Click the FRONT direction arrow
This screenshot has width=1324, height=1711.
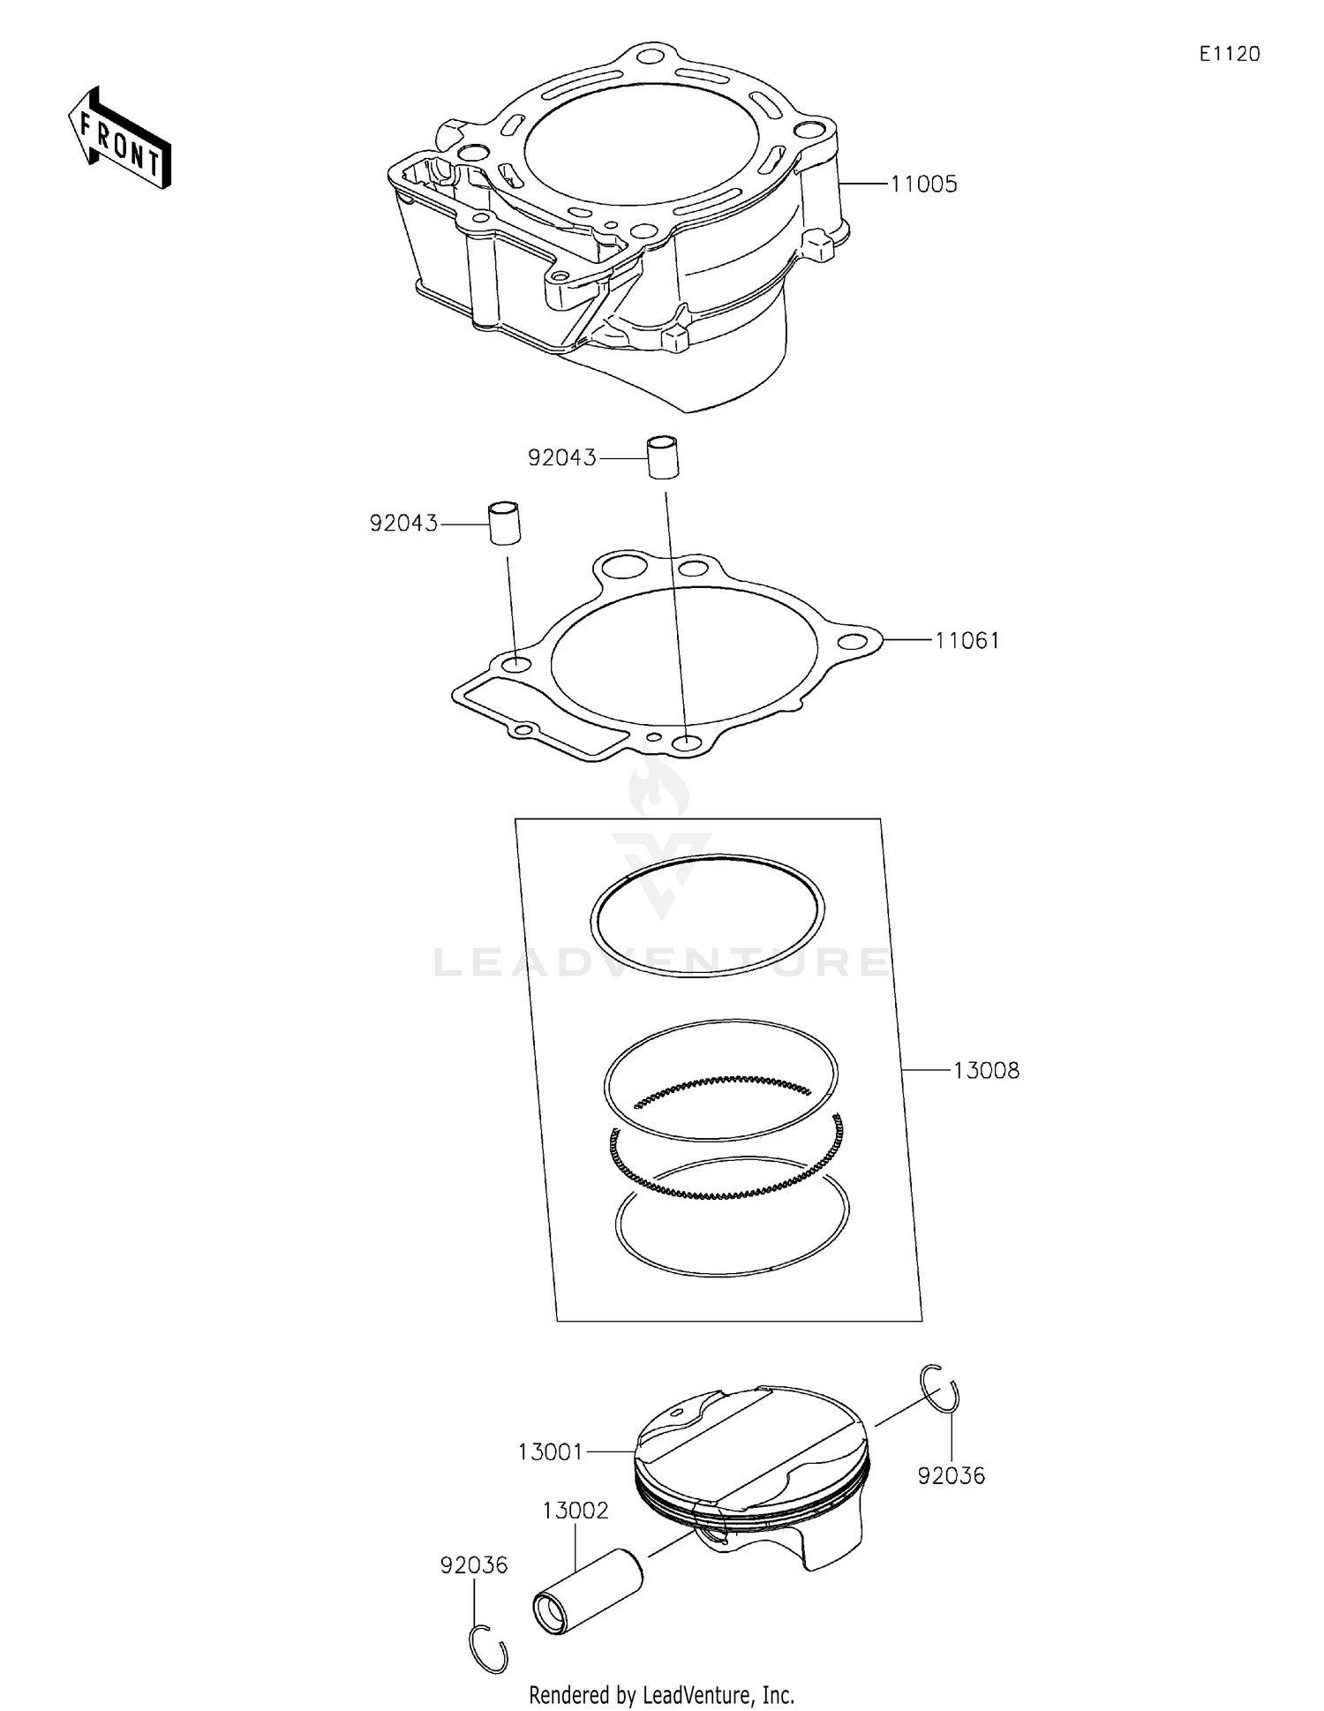click(119, 139)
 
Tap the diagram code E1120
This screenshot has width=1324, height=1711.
click(1229, 55)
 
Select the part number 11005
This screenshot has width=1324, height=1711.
click(923, 185)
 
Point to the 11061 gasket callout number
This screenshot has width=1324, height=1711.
click(967, 641)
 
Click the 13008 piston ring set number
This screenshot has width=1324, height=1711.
click(986, 1071)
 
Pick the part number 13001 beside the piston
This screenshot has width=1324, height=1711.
click(550, 1451)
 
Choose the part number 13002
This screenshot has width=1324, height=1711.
click(575, 1511)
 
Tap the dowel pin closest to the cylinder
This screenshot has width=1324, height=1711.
click(664, 456)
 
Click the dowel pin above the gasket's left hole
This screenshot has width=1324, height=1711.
click(505, 523)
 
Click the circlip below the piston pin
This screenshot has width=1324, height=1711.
click(487, 1647)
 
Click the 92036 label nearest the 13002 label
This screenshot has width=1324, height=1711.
click(474, 1565)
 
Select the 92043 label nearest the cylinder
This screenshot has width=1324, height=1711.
click(561, 458)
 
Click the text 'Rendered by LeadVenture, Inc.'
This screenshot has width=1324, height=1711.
click(661, 1695)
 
